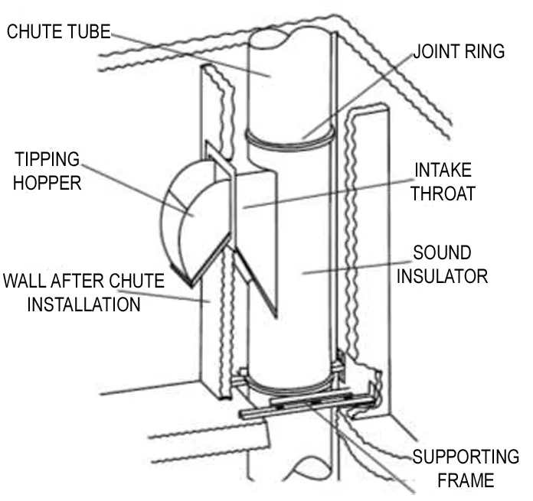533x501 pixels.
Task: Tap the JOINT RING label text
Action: pos(459,52)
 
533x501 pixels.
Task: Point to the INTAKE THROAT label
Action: pos(442,181)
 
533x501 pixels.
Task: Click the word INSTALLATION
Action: pos(84,304)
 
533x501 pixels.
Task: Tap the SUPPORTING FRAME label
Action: pos(465,469)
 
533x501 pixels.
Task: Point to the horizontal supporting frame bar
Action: pos(306,405)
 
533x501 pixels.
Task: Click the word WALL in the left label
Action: pos(24,281)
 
